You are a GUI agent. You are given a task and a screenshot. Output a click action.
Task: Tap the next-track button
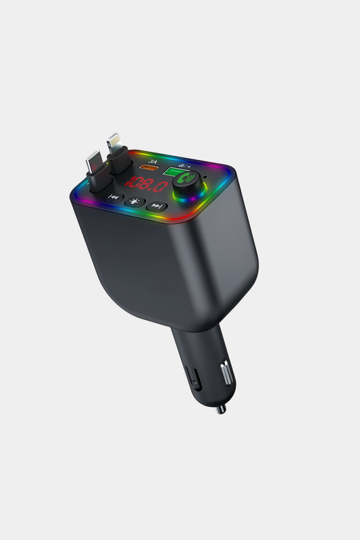[157, 206]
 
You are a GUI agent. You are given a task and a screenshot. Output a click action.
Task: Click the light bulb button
[136, 201]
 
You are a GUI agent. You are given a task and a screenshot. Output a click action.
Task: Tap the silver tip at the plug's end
[220, 408]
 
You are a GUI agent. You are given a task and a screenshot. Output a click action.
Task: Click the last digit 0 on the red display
[161, 187]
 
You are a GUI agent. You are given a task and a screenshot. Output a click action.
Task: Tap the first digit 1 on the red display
[133, 181]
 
